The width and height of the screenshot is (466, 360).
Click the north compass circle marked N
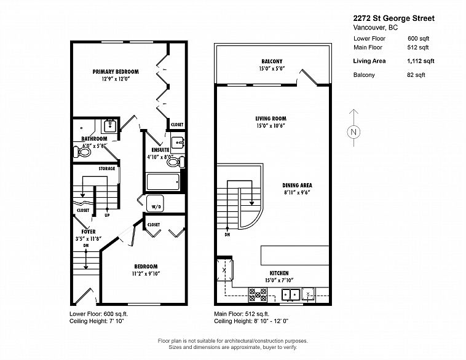pos(353,132)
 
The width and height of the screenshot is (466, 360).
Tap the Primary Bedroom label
pos(116,72)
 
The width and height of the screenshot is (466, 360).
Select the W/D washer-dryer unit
pos(155,203)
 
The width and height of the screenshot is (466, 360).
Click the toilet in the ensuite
pos(176,162)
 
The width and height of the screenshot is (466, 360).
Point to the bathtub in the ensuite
pos(163,182)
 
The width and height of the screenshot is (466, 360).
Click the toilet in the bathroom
pos(81,152)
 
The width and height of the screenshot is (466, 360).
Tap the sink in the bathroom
pos(110,126)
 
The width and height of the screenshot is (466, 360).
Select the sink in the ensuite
pos(178,144)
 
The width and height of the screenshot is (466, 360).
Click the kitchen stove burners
pos(258,295)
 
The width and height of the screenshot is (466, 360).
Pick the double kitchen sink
pos(290,295)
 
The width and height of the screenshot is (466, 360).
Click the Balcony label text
pos(272,61)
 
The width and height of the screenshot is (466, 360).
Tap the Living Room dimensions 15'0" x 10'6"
pos(271,126)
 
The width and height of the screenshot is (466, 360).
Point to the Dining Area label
pos(297,186)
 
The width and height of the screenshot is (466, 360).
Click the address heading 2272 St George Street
pos(394,18)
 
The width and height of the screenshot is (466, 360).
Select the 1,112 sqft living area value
pos(421,61)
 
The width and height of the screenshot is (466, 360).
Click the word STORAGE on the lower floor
pos(107,168)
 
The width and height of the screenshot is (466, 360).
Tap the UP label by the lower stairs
pos(107,215)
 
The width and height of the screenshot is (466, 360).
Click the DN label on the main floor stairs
pos(227,235)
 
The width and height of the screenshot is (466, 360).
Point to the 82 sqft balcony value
pos(416,75)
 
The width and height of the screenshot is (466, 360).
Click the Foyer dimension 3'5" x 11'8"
pos(89,238)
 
